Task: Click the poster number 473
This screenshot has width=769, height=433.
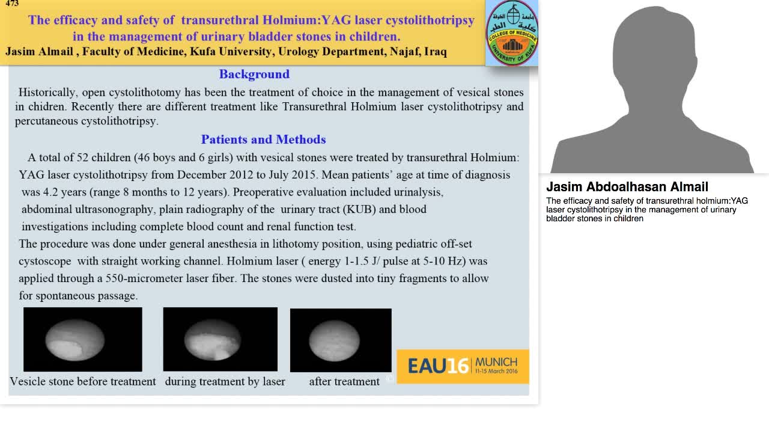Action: [12, 4]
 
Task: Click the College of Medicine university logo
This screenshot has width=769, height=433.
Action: [511, 32]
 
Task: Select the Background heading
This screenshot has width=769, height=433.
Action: [254, 74]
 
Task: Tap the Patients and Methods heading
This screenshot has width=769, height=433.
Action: [263, 140]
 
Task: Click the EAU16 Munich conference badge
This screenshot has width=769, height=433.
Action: [463, 366]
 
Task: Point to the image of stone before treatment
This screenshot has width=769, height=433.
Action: [83, 339]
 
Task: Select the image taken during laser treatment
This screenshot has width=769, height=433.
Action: [220, 339]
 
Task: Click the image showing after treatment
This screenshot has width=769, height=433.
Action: [341, 340]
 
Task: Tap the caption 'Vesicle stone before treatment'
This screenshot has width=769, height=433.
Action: [83, 381]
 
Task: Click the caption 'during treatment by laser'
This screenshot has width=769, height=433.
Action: [225, 381]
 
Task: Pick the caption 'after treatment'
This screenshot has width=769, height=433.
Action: [344, 381]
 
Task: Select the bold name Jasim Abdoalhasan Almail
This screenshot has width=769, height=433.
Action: [627, 187]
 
